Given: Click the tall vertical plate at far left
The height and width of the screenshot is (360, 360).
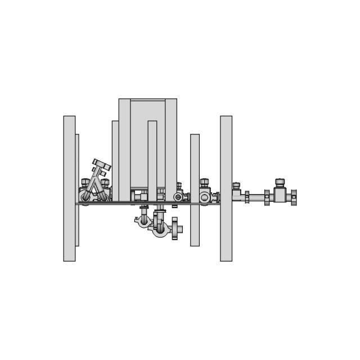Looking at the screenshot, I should [x=69, y=188].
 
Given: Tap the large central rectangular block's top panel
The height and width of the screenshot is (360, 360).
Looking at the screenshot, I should [x=148, y=110].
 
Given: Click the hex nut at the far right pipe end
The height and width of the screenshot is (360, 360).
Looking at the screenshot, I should [x=293, y=197].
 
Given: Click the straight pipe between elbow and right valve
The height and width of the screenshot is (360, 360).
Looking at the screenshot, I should [x=258, y=197].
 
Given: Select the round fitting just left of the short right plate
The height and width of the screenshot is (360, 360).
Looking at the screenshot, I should [x=178, y=197].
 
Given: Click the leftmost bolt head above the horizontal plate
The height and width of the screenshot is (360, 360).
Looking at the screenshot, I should [x=86, y=182].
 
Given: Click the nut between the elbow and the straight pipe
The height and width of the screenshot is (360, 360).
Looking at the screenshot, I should [x=247, y=197].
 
